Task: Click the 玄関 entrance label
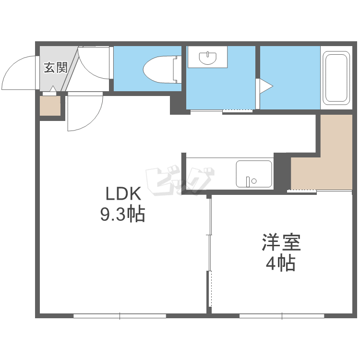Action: click(56, 68)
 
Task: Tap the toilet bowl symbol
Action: click(159, 69)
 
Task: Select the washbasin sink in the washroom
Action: click(208, 58)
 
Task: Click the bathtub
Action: click(336, 78)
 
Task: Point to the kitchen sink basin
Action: click(254, 174)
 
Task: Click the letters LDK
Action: click(123, 194)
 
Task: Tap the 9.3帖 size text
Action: click(122, 214)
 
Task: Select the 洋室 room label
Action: click(281, 242)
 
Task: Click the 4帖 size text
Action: click(281, 264)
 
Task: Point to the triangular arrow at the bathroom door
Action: click(266, 86)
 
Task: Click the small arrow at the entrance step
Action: click(53, 89)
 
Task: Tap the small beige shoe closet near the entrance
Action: click(50, 106)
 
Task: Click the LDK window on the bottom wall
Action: click(120, 316)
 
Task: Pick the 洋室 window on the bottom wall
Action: click(282, 316)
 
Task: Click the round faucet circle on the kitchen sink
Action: click(254, 181)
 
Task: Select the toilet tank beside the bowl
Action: click(178, 69)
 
